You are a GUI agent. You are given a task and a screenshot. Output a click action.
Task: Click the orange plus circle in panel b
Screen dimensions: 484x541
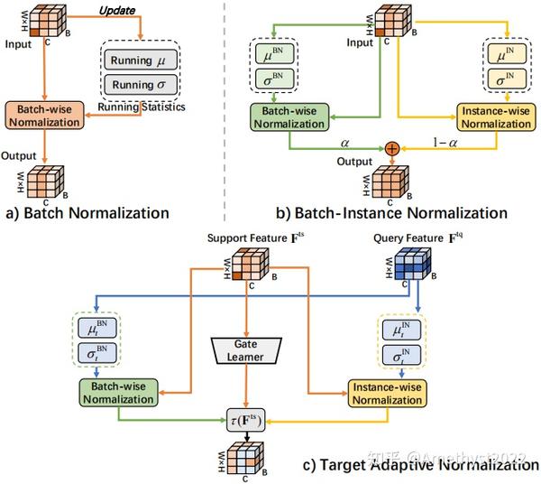coord(392,148)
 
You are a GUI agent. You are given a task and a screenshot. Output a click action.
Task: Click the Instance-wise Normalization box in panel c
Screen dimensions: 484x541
coord(385,391)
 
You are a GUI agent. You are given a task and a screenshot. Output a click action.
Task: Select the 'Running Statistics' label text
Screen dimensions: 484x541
coord(151,107)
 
